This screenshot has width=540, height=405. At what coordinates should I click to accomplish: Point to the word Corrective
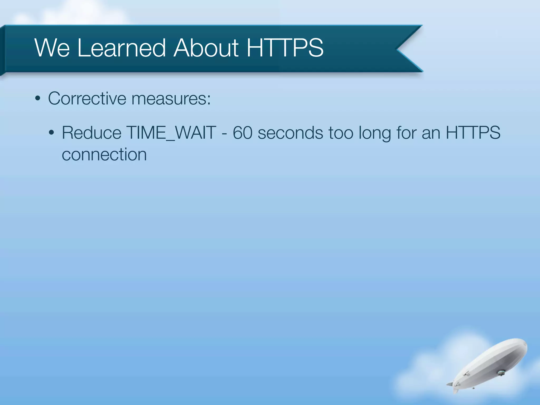click(x=87, y=99)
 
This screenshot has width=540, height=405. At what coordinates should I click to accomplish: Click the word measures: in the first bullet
click(x=171, y=99)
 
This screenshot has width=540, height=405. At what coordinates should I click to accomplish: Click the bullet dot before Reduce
click(x=52, y=133)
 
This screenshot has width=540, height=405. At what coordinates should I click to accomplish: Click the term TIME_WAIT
click(x=171, y=133)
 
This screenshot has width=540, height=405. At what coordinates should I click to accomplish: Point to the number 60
click(x=242, y=133)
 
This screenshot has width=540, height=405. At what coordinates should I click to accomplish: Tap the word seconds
click(x=290, y=133)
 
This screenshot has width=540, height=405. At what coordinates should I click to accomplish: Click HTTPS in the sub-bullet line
click(x=473, y=133)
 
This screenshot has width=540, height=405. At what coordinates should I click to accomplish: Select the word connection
click(x=104, y=155)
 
